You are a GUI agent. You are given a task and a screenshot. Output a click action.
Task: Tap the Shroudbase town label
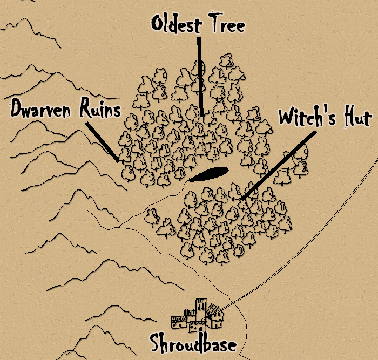point(193,343)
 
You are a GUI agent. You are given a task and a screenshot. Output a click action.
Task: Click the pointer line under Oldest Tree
point(200,76)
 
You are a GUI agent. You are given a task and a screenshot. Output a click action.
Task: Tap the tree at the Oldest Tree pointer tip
point(200,118)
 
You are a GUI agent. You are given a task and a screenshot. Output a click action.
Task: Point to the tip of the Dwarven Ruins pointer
point(118,160)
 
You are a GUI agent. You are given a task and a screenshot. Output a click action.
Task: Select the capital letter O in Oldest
point(158,25)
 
